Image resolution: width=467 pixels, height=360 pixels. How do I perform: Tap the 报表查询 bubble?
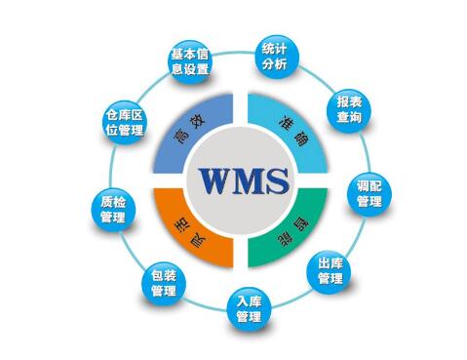click(348, 108)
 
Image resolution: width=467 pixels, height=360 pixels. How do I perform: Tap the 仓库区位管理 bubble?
click(124, 124)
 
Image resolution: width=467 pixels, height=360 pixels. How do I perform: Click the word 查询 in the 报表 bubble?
click(348, 117)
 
